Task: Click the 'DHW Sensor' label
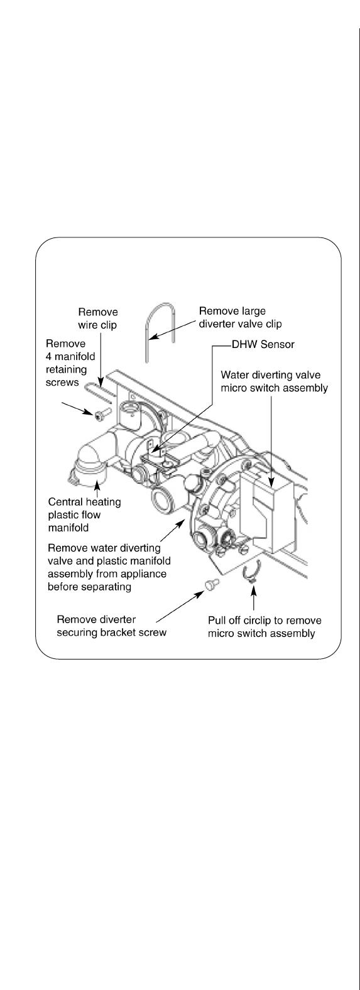[x=263, y=345]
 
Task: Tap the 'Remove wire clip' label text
[x=98, y=318]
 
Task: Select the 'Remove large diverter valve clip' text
[x=240, y=317]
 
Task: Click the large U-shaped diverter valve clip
[x=160, y=327]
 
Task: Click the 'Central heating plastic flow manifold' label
[x=84, y=515]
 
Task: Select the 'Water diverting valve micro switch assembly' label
[x=274, y=381]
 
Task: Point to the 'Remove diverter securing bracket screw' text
[x=111, y=626]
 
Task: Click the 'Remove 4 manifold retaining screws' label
[x=70, y=363]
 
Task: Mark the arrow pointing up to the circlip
[x=253, y=597]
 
